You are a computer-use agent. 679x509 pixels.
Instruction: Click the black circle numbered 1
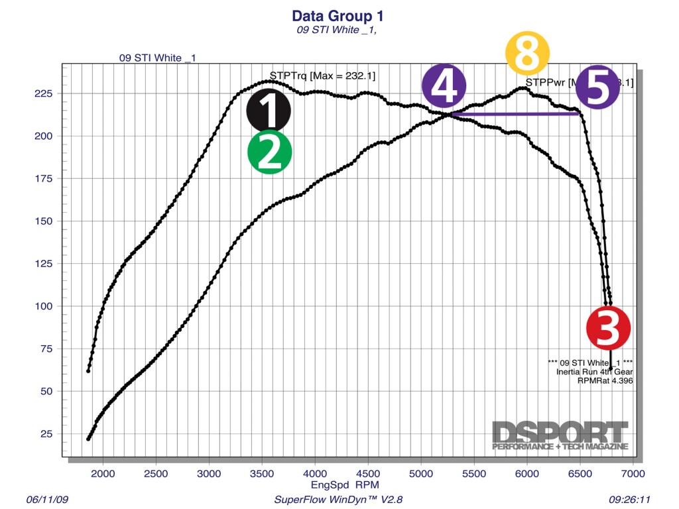pos(269,111)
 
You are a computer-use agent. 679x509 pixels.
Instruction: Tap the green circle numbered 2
pos(269,152)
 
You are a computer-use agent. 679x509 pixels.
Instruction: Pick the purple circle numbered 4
pos(444,86)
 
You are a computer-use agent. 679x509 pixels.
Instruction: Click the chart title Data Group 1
pos(338,16)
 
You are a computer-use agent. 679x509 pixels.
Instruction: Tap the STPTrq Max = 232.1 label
pos(322,76)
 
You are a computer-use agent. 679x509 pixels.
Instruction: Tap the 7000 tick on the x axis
pos(632,475)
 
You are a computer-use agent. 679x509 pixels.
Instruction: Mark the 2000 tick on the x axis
pos(103,475)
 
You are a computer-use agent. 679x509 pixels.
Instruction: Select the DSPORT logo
pos(560,435)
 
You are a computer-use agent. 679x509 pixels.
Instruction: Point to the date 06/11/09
pos(46,499)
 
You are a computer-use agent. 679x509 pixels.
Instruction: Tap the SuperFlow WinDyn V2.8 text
pos(339,499)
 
